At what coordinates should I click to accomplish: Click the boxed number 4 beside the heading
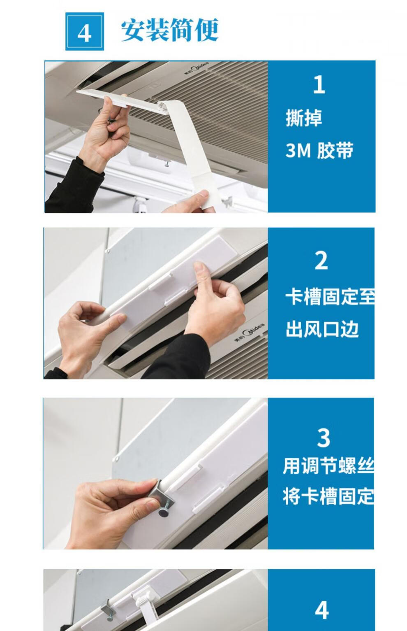point(85,32)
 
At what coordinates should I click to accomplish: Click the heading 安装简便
point(170,30)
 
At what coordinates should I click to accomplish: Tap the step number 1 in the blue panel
point(319,84)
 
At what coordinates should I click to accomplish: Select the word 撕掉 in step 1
point(304,118)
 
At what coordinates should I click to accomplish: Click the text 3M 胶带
point(319,150)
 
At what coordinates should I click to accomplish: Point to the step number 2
point(321,261)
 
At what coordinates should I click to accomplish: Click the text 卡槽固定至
point(330,297)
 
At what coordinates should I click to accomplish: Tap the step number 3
point(324,438)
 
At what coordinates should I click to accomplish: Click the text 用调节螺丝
point(328,466)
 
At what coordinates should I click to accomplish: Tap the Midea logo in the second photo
point(250,332)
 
